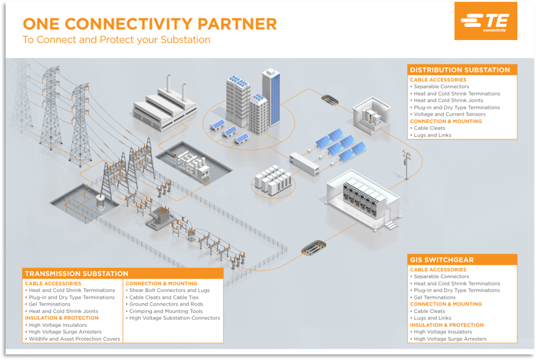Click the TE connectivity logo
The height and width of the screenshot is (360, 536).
click(x=485, y=21)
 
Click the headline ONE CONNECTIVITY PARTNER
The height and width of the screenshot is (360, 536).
click(x=150, y=24)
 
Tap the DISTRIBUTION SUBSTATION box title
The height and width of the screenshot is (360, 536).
click(x=460, y=70)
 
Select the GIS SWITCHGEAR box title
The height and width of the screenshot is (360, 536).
click(x=442, y=260)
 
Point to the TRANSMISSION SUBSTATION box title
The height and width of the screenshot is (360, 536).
click(x=77, y=274)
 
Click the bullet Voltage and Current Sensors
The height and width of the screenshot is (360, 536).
click(x=450, y=114)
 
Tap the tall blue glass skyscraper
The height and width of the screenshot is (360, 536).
click(x=271, y=97)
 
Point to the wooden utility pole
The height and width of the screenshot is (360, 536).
click(x=407, y=164)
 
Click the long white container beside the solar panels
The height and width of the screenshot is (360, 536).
click(x=304, y=164)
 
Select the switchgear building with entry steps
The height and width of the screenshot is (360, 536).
click(x=363, y=201)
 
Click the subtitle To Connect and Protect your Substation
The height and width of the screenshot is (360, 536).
click(x=117, y=40)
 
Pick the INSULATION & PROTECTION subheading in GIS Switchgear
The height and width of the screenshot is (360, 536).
click(x=447, y=325)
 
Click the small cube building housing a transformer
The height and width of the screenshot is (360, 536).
click(x=371, y=114)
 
